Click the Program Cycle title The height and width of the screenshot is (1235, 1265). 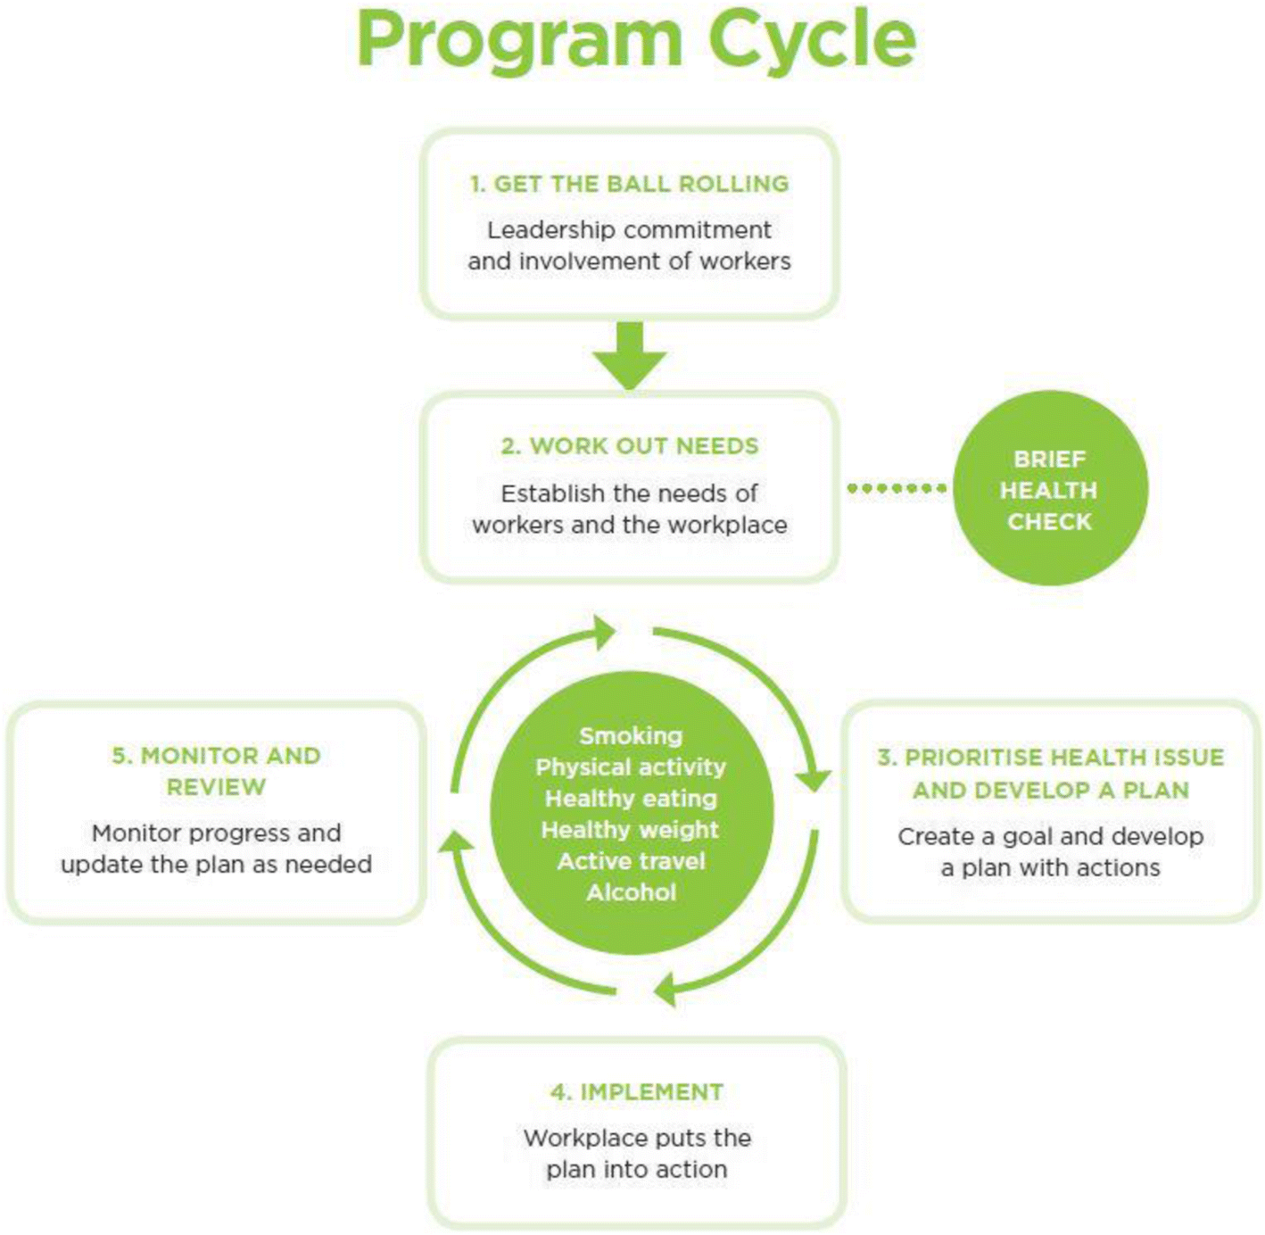[635, 40]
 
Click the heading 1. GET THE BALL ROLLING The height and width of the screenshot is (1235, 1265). [630, 184]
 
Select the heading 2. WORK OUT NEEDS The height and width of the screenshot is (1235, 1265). [630, 446]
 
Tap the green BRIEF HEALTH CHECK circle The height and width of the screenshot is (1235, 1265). [1049, 489]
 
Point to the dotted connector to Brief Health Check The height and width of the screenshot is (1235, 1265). [896, 488]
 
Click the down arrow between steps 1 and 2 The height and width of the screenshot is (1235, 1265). [630, 355]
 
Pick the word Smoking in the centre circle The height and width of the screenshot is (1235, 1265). [631, 736]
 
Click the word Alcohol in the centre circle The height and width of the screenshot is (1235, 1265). [631, 892]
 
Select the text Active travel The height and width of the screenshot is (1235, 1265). [631, 861]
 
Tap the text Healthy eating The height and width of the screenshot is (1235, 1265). [631, 799]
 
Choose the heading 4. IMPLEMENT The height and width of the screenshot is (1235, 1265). [637, 1092]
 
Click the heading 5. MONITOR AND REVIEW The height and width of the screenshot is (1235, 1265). [216, 771]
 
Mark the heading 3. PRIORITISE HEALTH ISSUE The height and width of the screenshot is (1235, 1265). [1051, 758]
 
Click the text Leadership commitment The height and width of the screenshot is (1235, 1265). [630, 230]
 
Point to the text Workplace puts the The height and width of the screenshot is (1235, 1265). [637, 1139]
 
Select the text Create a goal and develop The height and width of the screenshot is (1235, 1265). [1051, 837]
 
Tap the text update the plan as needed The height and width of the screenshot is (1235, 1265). [216, 865]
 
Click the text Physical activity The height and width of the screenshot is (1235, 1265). [631, 767]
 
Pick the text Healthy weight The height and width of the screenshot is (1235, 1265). [630, 830]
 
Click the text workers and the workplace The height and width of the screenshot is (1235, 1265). [630, 525]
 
